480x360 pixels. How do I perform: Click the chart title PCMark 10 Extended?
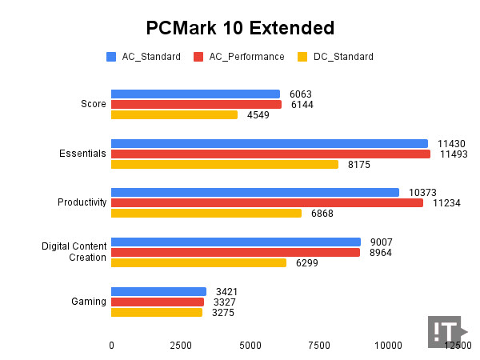(x=240, y=28)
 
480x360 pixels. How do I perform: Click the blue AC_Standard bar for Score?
(x=195, y=94)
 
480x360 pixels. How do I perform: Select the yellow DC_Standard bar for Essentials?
(x=224, y=165)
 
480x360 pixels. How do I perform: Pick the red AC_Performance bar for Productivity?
(x=266, y=203)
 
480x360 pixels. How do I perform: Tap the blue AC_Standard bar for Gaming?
(x=158, y=292)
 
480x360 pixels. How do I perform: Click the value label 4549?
(x=258, y=115)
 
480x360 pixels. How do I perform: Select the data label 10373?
(x=422, y=193)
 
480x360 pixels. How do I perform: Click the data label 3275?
(x=223, y=313)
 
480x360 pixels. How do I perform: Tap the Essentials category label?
(x=82, y=154)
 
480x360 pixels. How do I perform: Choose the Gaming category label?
(x=89, y=302)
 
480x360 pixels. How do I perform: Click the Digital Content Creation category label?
(x=74, y=252)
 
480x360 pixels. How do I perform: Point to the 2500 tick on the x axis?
(x=181, y=346)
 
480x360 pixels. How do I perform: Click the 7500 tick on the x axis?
(x=319, y=346)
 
